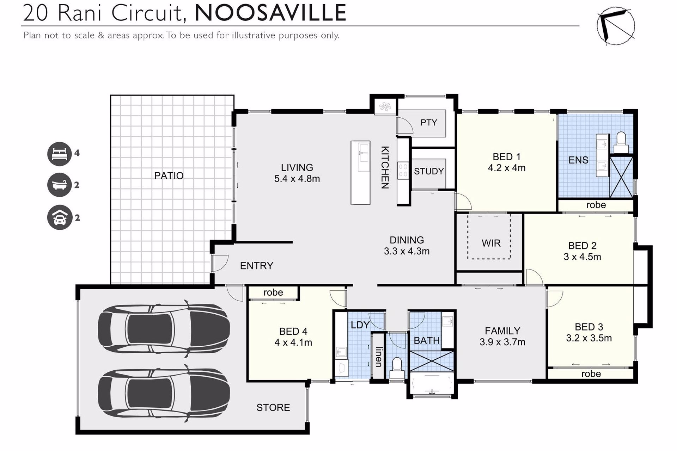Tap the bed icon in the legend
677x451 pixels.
(x=60, y=154)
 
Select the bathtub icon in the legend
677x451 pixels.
(x=60, y=185)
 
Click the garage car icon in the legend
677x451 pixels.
(x=60, y=217)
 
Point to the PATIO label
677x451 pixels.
(x=169, y=175)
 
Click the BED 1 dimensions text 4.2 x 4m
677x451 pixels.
(x=507, y=168)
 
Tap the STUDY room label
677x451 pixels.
(x=429, y=171)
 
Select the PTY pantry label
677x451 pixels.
(x=429, y=123)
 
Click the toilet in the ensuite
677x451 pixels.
(x=621, y=142)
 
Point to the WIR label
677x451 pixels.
(x=491, y=243)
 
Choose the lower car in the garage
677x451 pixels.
(x=164, y=393)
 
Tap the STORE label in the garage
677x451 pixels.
(x=273, y=408)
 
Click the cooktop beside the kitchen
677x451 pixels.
(x=403, y=171)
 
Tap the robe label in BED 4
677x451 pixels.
(x=273, y=292)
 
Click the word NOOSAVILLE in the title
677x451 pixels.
(x=270, y=13)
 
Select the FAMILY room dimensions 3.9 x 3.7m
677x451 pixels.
(x=502, y=342)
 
